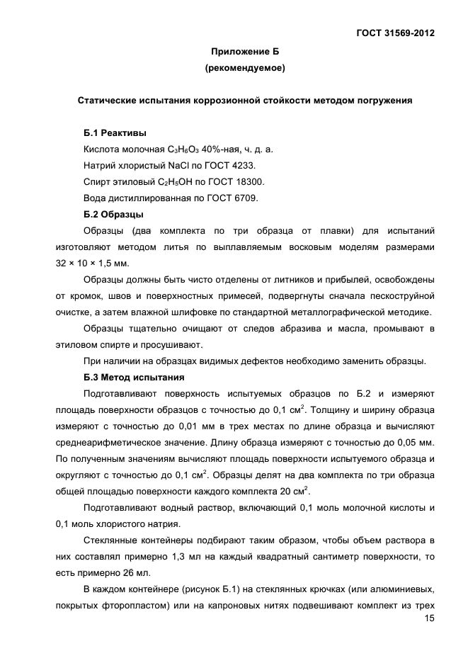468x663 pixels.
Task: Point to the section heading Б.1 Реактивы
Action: coord(115,132)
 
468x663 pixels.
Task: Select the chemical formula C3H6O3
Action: coord(184,149)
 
